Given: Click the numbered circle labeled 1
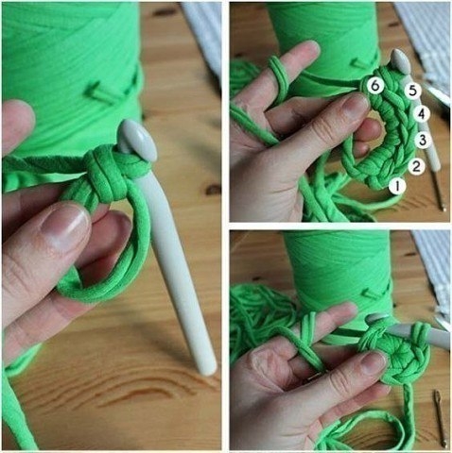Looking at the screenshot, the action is tap(397, 186).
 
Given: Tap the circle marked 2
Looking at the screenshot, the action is tap(416, 166).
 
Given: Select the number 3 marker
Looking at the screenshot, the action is tap(423, 140).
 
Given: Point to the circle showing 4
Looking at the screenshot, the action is tap(422, 114).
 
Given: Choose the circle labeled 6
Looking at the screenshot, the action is tap(375, 85).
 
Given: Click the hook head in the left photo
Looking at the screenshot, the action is tap(137, 140).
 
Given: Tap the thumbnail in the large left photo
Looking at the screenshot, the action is tap(66, 226).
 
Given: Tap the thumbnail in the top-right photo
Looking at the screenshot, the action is tap(355, 107).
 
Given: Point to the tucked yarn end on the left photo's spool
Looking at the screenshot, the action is tap(101, 92).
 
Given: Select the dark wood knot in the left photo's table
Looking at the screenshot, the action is tap(213, 189).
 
